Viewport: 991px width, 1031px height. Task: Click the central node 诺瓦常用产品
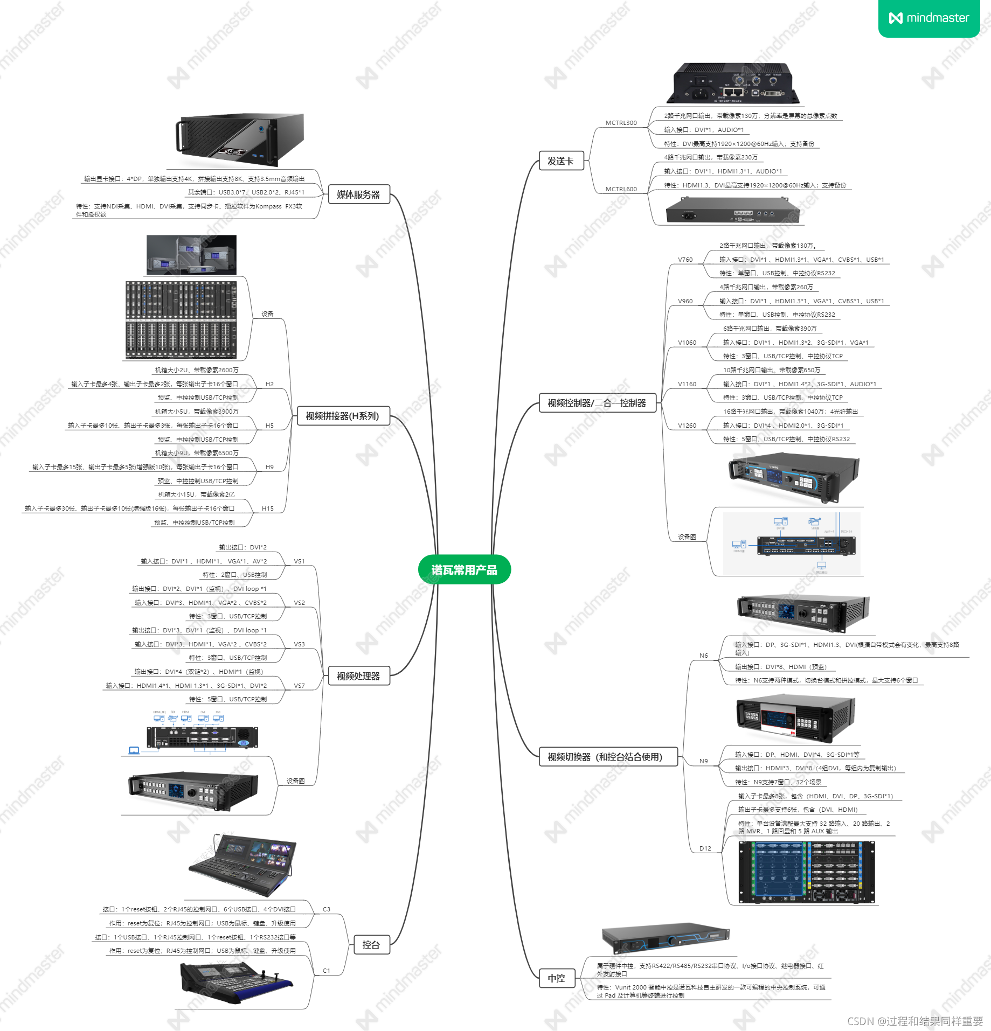[464, 569]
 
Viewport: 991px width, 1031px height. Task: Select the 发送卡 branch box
[561, 161]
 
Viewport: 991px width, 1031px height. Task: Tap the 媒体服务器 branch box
[358, 194]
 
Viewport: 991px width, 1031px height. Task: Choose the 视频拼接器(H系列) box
[342, 416]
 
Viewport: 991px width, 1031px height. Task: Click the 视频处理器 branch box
[358, 675]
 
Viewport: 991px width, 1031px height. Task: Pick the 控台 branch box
[371, 945]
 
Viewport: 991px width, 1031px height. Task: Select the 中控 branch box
[557, 978]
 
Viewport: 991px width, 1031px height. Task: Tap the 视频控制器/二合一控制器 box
[597, 403]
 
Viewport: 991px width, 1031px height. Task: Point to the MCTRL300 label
[621, 123]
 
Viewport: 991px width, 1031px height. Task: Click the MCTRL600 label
[621, 189]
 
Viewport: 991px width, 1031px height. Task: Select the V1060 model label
[687, 343]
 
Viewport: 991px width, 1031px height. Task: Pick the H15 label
[268, 508]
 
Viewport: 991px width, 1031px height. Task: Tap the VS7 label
[299, 686]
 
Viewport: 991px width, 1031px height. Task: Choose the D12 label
[705, 848]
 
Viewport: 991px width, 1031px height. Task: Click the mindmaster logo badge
[929, 18]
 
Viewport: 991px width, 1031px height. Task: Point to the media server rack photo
[241, 139]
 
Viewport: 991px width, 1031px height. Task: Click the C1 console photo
[235, 981]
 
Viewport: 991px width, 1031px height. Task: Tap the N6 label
[704, 656]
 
